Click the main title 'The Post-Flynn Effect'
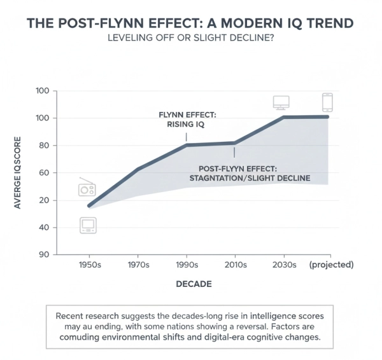point(190,23)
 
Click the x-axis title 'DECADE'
point(194,284)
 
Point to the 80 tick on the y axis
point(43,146)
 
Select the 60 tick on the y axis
point(43,173)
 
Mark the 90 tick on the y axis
point(43,254)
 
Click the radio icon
point(87,188)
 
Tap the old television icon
point(87,225)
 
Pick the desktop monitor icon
point(281,102)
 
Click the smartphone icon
point(327,102)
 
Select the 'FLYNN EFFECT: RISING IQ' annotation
point(188,120)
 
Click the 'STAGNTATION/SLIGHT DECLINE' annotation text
point(250,179)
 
